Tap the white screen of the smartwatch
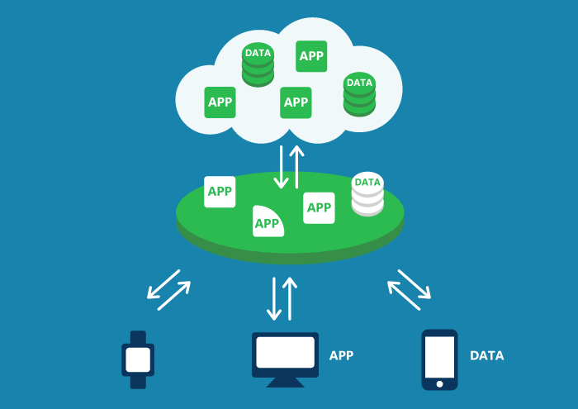coord(138,359)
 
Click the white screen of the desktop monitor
coord(285,352)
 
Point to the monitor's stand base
coord(285,383)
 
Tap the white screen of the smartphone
coord(439,356)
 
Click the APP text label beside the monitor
coord(341,356)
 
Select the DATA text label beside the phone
coord(486,356)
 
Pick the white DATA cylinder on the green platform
coord(367,194)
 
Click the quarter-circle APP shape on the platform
coord(267,221)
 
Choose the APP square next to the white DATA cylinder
coord(319,207)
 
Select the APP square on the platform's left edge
coord(220,192)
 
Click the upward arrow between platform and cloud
coord(296,166)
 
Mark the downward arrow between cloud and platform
coord(282,168)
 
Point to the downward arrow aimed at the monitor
coord(274,298)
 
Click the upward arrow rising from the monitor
coord(289,298)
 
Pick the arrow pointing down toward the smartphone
coord(416,283)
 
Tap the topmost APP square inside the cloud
coord(311,56)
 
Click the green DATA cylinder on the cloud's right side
coord(359,94)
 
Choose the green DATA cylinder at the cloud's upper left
coord(258,64)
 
